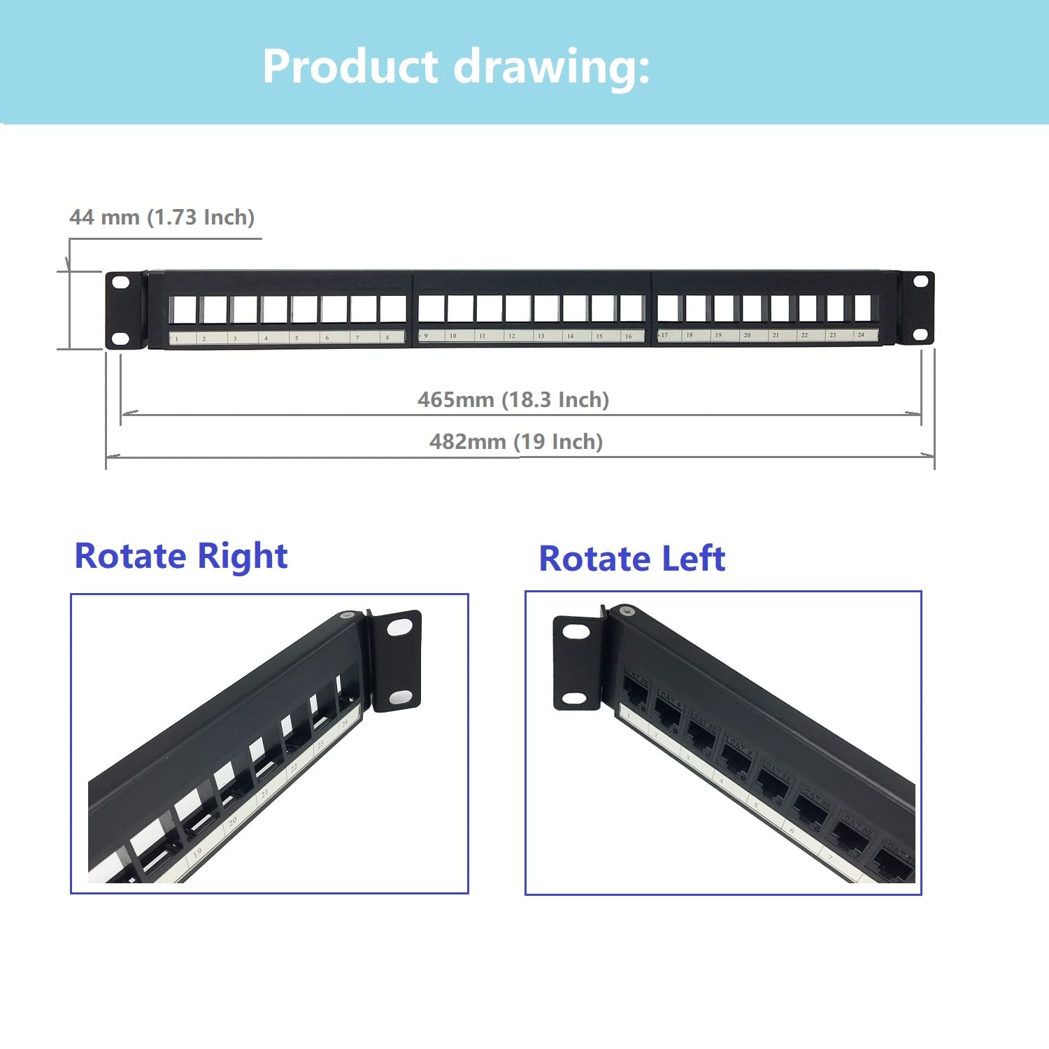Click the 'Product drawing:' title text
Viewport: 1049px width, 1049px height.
[456, 67]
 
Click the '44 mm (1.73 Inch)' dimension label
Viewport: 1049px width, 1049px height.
[162, 217]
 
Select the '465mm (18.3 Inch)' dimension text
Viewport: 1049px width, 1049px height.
[513, 400]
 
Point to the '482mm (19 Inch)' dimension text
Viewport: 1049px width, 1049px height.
[516, 442]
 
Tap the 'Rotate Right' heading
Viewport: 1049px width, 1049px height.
[181, 557]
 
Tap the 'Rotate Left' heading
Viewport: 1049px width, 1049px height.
[632, 559]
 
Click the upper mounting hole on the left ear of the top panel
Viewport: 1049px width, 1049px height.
[121, 283]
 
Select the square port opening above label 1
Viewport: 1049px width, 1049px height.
[183, 309]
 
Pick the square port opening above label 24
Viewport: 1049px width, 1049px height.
[862, 307]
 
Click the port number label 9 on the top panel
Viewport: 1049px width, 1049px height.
[425, 336]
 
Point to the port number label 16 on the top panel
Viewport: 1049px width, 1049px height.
[628, 336]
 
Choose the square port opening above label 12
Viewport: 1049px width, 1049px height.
[518, 308]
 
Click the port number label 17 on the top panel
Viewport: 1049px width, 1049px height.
[664, 336]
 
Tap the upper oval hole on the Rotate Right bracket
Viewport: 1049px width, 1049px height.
[399, 627]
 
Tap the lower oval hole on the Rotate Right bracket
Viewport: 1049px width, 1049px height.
[400, 697]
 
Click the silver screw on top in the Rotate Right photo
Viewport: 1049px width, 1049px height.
[345, 615]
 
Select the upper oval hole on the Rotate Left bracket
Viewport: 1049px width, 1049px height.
[576, 632]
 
